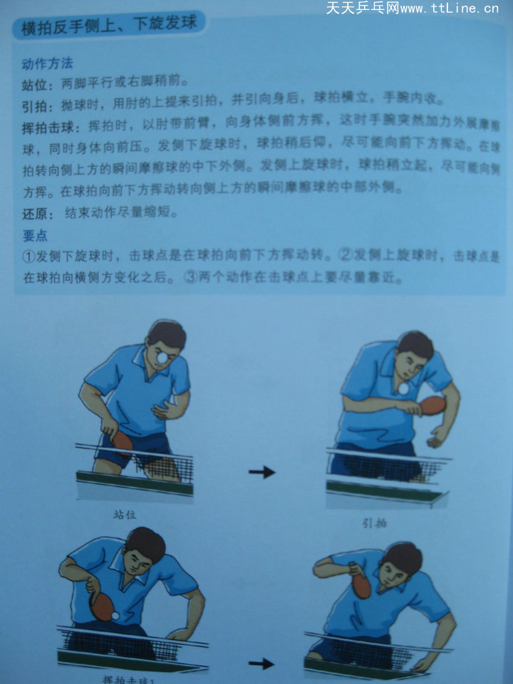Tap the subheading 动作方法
[x=47, y=65]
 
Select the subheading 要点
[x=35, y=236]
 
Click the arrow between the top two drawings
[x=261, y=472]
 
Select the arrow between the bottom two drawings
[x=261, y=663]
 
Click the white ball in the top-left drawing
[x=163, y=357]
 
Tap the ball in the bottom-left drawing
[x=115, y=614]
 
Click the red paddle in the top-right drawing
[x=432, y=405]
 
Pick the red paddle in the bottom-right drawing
[x=361, y=584]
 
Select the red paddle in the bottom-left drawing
[x=102, y=606]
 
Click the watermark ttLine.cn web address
[x=450, y=9]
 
